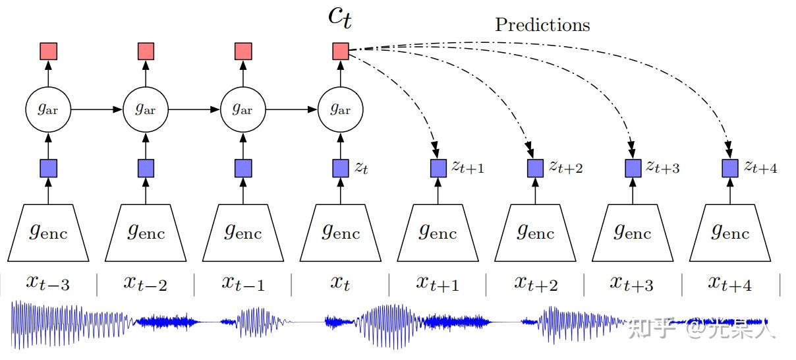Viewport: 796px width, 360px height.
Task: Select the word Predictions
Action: [x=542, y=25]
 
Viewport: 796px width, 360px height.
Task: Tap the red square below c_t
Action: [x=341, y=51]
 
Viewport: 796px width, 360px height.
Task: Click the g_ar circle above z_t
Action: [x=341, y=109]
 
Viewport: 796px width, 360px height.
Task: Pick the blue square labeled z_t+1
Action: [x=438, y=168]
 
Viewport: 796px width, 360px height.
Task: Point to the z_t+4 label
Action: [x=760, y=167]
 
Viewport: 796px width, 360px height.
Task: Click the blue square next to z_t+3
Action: [x=633, y=168]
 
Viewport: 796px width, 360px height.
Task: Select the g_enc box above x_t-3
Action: [x=49, y=233]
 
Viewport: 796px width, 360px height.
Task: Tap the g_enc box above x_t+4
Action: [x=730, y=233]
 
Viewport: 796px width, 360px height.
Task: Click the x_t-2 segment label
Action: [x=145, y=283]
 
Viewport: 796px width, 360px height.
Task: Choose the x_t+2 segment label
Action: [x=535, y=283]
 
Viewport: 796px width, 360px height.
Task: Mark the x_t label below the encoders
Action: [x=340, y=283]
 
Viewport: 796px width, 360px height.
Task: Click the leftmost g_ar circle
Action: [x=48, y=109]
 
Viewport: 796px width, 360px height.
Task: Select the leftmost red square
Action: [x=49, y=51]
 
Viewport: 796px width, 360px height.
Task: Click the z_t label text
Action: [x=361, y=167]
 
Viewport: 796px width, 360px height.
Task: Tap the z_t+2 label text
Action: [x=565, y=167]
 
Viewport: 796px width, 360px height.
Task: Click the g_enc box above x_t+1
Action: [x=438, y=233]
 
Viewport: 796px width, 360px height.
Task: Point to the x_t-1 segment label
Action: [x=242, y=283]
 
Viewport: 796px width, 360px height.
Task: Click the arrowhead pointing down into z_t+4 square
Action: [x=730, y=146]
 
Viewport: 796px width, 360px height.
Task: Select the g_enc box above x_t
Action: [x=341, y=233]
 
